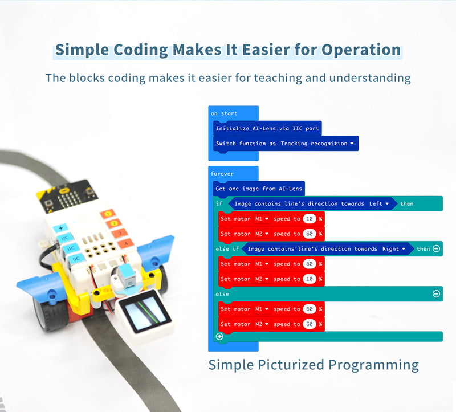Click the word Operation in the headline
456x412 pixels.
(x=361, y=50)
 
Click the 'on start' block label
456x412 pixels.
(x=224, y=113)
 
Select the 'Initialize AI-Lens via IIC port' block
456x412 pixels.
(x=268, y=129)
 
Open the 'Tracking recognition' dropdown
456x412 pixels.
(x=317, y=144)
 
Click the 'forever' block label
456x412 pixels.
(x=222, y=173)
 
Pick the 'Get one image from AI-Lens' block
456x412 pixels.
(x=259, y=188)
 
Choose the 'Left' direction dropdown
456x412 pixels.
(x=380, y=203)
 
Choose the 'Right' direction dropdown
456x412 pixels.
(x=394, y=249)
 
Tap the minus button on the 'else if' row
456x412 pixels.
(x=436, y=249)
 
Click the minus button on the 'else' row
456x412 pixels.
(x=436, y=294)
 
